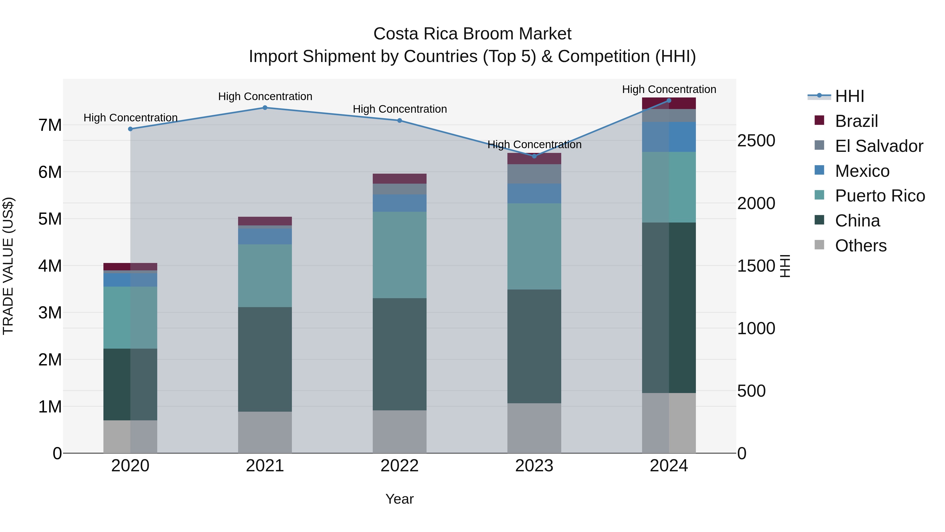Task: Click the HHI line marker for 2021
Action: (265, 107)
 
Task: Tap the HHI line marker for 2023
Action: (534, 156)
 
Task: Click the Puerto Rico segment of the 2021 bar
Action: (265, 276)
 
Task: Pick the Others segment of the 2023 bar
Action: (534, 428)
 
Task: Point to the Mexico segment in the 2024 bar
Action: (669, 137)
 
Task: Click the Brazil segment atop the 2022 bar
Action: (400, 178)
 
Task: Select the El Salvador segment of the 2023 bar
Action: (534, 174)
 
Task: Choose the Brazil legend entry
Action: (857, 121)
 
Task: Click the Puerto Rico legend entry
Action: (880, 196)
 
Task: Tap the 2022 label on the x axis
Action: (400, 466)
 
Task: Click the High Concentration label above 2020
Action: (131, 118)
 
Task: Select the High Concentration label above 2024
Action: (669, 89)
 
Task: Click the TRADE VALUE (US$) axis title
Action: (8, 266)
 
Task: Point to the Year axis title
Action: (400, 499)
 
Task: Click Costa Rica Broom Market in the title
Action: (472, 34)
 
